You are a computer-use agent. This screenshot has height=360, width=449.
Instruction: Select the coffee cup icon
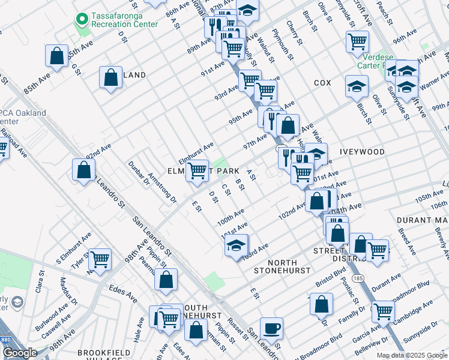coord(271,328)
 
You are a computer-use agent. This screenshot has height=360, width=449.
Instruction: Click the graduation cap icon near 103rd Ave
coord(237,245)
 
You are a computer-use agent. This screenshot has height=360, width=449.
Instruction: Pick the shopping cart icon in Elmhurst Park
coord(197,170)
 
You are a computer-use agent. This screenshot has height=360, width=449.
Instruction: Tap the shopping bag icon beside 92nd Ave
coord(83,170)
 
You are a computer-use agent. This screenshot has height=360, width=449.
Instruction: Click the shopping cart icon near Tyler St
coord(100,259)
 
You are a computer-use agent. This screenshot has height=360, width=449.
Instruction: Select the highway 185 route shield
coord(358,279)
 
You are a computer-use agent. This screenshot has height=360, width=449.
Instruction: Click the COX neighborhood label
coord(322,83)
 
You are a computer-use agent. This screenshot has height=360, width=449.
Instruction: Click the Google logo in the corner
coord(20,353)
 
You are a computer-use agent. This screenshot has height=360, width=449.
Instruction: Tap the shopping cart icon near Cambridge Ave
coord(383,312)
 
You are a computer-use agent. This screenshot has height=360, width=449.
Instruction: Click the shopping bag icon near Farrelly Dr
coord(322,304)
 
